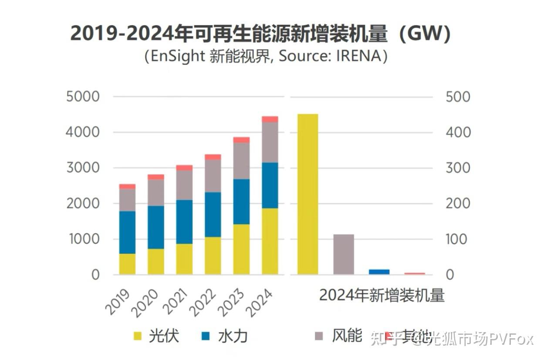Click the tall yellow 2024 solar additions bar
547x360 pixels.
307,194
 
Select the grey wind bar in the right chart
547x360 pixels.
344,254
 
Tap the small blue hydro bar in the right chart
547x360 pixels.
379,272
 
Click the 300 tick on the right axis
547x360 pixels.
458,168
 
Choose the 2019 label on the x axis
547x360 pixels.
118,302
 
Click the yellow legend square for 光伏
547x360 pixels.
138,336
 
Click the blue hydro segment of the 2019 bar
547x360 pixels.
127,232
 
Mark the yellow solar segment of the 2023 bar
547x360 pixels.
241,249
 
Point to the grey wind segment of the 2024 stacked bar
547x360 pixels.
270,142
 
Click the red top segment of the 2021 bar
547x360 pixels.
184,168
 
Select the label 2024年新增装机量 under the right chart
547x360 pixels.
382,295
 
